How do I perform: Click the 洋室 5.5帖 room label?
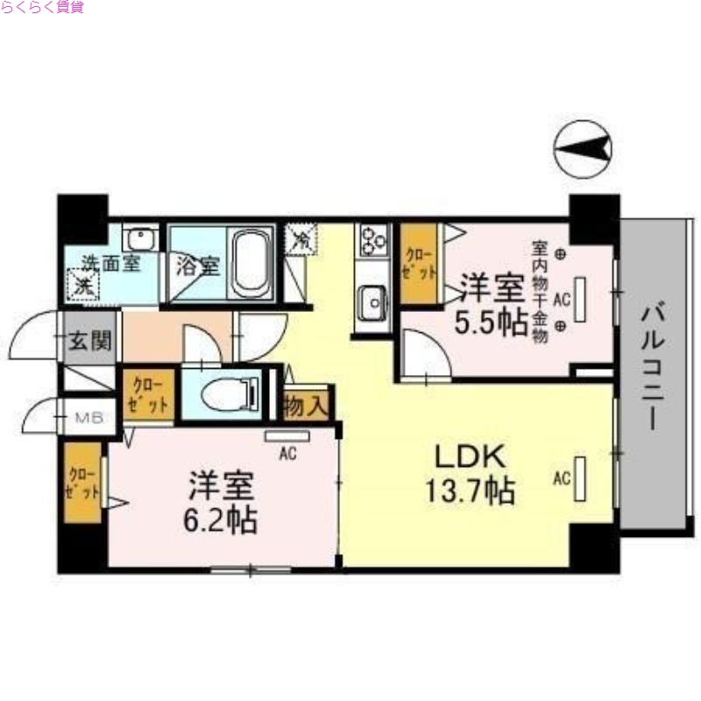pyautogui.click(x=492, y=304)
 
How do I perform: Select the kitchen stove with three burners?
pyautogui.click(x=373, y=239)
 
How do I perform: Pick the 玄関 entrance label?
pyautogui.click(x=89, y=338)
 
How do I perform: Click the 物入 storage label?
pyautogui.click(x=308, y=407)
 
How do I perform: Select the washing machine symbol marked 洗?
pyautogui.click(x=83, y=285)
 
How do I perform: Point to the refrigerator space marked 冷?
pyautogui.click(x=300, y=238)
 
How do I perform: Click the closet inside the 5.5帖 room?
pyautogui.click(x=419, y=263)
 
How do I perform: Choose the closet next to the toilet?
pyautogui.click(x=150, y=395)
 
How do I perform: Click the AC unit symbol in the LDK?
pyautogui.click(x=579, y=478)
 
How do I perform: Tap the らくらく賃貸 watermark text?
pyautogui.click(x=43, y=8)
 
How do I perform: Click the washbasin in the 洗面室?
pyautogui.click(x=140, y=237)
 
